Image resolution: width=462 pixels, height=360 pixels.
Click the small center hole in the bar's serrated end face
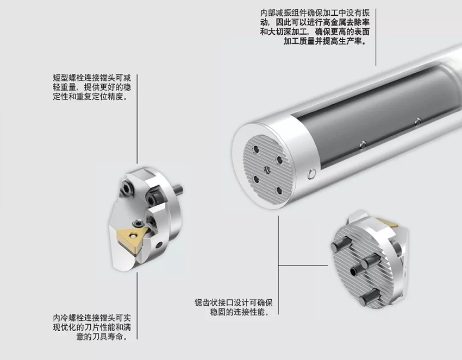(x=267, y=169)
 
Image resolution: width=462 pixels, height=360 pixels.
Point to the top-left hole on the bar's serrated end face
(x=257, y=149)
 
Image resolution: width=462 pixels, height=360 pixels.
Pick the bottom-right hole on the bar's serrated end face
(x=279, y=191)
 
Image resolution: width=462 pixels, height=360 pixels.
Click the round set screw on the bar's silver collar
(x=311, y=174)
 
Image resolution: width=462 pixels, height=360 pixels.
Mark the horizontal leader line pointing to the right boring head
(x=303, y=265)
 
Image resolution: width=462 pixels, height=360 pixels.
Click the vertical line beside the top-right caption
(x=376, y=37)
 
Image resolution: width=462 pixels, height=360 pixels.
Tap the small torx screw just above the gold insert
(x=138, y=224)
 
